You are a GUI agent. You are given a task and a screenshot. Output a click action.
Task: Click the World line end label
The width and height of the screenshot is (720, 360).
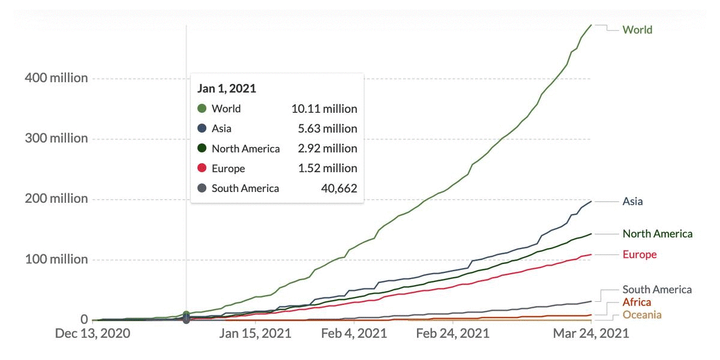637,29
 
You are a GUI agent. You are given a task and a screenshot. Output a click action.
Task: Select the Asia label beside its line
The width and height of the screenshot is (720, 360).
632,202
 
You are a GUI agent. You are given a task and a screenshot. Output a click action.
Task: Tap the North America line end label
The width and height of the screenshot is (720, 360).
657,233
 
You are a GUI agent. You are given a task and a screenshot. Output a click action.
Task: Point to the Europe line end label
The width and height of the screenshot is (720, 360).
639,254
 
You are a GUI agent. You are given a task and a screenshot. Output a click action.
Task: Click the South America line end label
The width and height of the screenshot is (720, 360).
657,290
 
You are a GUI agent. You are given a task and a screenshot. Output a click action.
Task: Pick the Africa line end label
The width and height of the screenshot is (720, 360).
636,302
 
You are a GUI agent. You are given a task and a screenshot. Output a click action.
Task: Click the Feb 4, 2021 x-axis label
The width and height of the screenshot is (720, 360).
353,334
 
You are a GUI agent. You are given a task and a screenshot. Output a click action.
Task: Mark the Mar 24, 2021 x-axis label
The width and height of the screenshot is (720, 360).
591,334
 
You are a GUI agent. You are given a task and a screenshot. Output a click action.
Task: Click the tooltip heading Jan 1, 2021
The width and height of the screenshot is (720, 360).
227,88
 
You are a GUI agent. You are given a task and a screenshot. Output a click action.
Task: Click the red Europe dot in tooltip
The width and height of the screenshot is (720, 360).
202,168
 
